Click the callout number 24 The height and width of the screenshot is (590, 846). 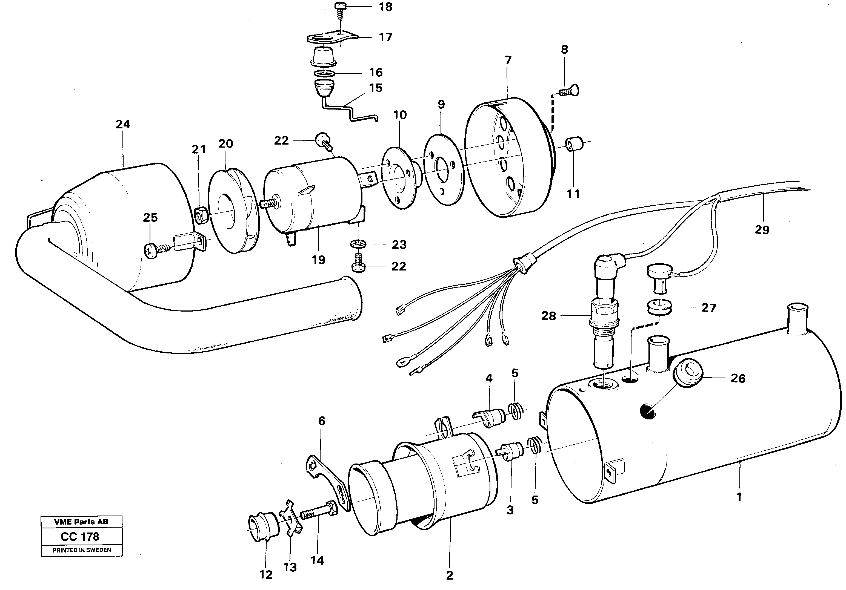123,125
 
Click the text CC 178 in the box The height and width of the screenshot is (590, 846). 80,537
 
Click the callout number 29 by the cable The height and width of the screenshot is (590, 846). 762,230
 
